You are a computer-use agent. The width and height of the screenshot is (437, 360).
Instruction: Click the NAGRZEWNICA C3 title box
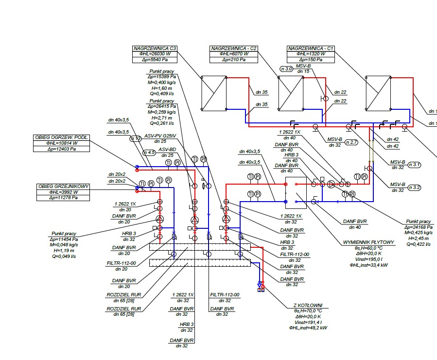click(x=155, y=48)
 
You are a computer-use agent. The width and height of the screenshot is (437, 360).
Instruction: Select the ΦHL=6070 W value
click(x=234, y=54)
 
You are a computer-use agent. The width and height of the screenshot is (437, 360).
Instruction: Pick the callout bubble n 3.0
click(x=286, y=69)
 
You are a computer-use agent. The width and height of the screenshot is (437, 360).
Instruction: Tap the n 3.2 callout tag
click(x=415, y=188)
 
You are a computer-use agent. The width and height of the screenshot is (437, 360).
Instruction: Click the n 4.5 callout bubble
click(x=149, y=152)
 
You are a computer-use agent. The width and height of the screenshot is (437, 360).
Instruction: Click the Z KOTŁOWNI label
click(x=308, y=306)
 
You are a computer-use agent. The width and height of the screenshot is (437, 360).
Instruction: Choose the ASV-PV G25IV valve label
click(x=160, y=136)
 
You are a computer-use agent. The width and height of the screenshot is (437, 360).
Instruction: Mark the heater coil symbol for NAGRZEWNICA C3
click(x=214, y=93)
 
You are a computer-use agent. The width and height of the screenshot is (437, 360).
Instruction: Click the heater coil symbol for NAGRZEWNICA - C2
click(x=291, y=93)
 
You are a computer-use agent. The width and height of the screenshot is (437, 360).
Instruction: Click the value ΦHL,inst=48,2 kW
click(x=308, y=328)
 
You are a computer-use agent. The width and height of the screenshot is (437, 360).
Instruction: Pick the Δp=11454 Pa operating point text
click(x=64, y=239)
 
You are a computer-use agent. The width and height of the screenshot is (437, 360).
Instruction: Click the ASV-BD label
click(x=166, y=149)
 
